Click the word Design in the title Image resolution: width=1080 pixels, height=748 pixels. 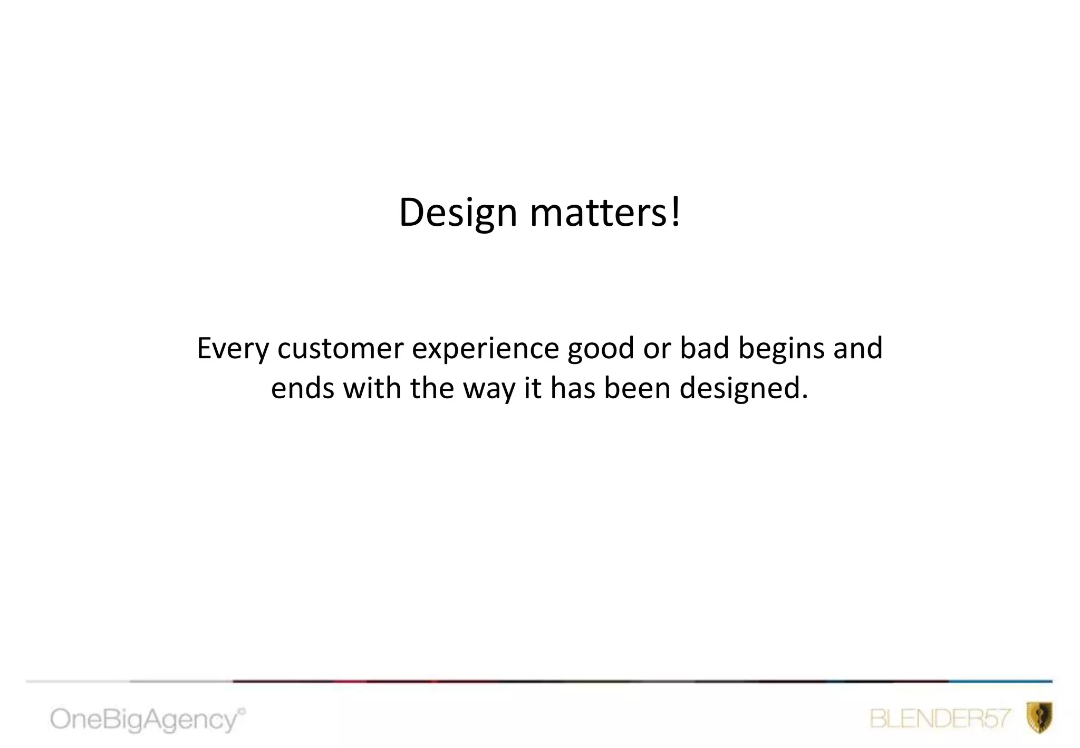click(458, 213)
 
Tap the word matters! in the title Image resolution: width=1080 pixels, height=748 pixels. click(605, 213)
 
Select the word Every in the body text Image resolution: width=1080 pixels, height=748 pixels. click(233, 349)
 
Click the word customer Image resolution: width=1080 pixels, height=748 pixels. click(340, 348)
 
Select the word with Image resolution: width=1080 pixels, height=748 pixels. click(372, 388)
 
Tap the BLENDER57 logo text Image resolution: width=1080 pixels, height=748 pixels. click(940, 719)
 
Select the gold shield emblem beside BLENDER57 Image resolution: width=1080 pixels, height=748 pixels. click(1039, 717)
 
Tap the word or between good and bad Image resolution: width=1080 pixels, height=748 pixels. click(657, 349)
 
